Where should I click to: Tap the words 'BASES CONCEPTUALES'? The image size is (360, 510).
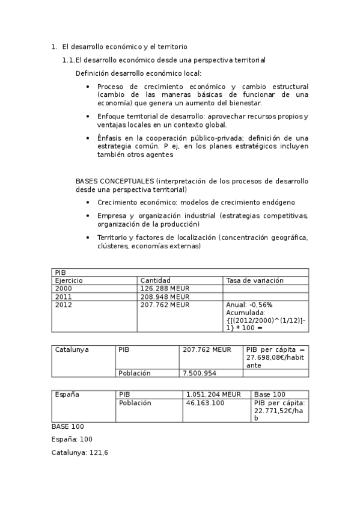[114, 180]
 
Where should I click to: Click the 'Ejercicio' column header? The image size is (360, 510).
[69, 280]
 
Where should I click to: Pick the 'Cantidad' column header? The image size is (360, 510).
[155, 280]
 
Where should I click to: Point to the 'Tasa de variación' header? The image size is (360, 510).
[255, 280]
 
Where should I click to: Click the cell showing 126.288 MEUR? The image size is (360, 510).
[165, 288]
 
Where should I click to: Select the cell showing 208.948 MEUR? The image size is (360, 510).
[165, 296]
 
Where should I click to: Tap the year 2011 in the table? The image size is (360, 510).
[63, 296]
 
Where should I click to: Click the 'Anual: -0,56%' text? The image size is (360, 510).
[249, 305]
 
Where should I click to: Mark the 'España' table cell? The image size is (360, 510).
[67, 395]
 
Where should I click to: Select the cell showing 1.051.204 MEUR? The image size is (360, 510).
[213, 395]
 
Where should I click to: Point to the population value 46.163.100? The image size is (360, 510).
[204, 402]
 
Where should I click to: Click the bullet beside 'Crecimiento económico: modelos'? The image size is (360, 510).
[88, 203]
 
